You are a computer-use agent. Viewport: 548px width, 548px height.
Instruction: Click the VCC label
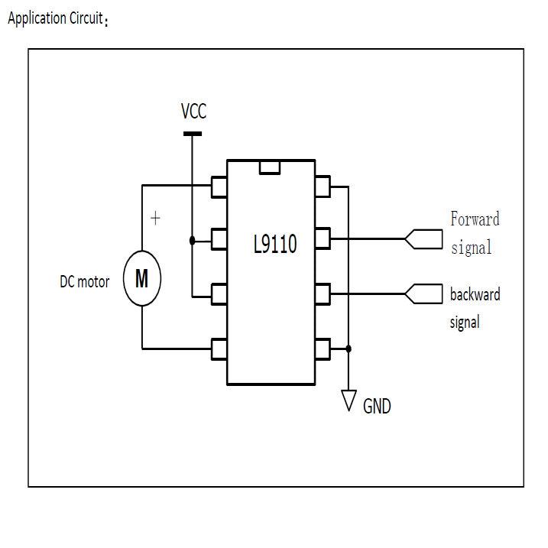tap(193, 112)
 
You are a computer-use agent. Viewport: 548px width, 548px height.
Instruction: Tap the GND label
tap(377, 407)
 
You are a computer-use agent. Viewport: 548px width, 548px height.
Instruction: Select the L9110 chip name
tap(274, 245)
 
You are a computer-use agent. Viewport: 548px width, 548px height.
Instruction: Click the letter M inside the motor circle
tap(142, 279)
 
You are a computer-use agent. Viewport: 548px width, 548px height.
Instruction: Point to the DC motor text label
tap(84, 281)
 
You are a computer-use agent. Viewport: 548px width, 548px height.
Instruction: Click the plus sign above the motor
tap(155, 219)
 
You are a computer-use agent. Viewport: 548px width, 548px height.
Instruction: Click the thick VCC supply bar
tap(193, 135)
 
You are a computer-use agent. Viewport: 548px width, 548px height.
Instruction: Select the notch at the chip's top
tap(269, 167)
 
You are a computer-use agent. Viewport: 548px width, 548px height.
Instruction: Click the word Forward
tap(475, 219)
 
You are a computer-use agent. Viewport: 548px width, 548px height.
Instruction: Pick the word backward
tap(475, 294)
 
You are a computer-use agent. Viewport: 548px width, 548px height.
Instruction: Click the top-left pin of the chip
tap(219, 186)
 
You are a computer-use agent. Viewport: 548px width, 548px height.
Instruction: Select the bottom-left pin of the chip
tap(219, 349)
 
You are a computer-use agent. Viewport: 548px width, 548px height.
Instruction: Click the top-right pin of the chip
tap(322, 186)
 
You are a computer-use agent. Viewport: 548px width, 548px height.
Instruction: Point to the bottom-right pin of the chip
tap(322, 349)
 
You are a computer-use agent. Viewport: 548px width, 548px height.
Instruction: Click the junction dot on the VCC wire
tap(192, 240)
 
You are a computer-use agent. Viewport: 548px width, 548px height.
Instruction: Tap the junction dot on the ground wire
tap(349, 349)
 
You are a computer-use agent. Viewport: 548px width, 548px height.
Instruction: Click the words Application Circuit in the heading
tap(55, 18)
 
